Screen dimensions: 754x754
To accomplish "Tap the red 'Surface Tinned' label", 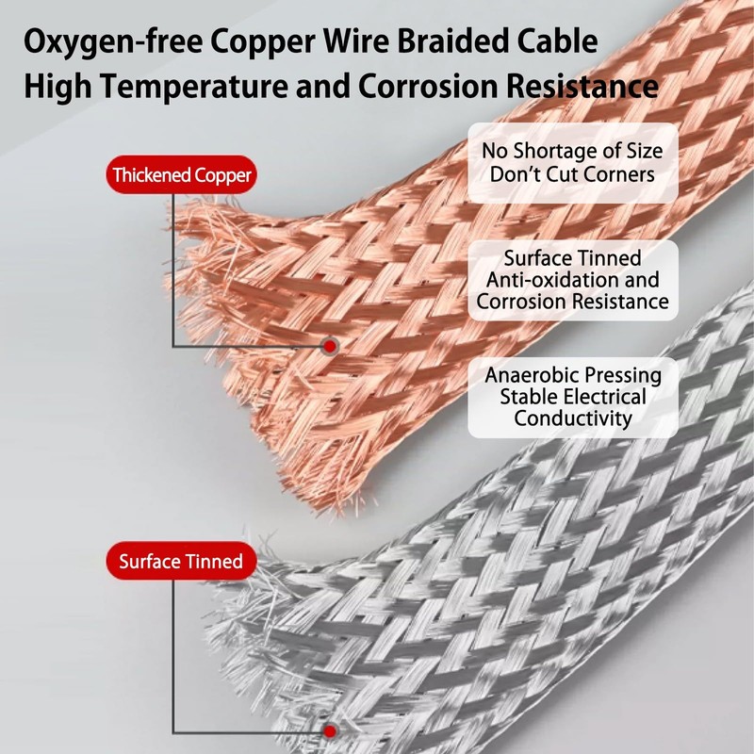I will (180, 563).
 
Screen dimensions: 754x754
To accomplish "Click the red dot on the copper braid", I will (329, 347).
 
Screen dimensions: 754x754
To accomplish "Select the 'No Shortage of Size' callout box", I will (572, 162).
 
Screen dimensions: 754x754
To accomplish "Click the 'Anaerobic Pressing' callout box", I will (572, 397).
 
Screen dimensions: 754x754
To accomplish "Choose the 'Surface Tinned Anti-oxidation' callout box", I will (572, 280).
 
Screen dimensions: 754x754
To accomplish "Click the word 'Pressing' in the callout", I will (623, 374).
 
